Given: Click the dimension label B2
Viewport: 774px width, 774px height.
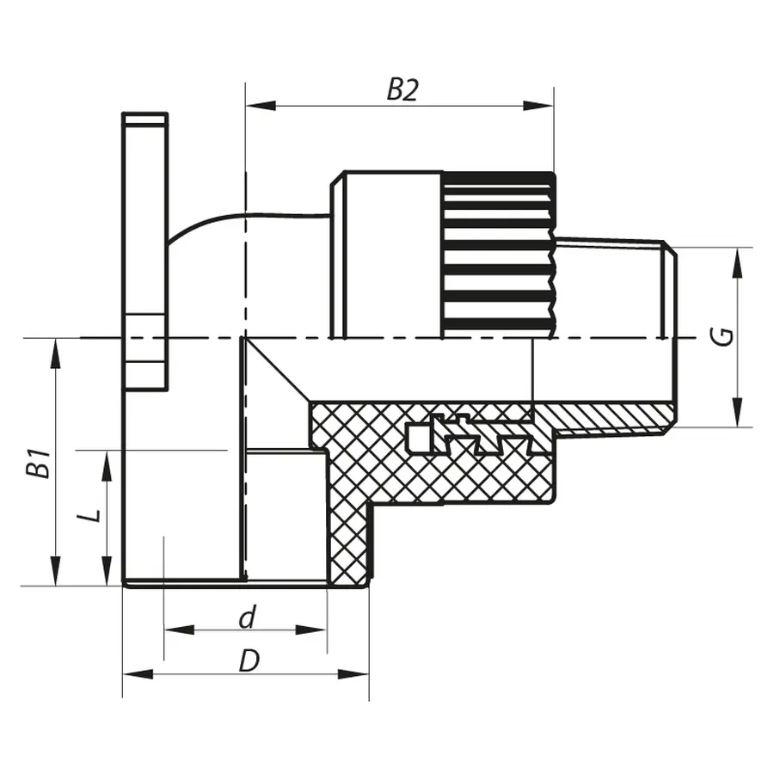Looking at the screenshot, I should coord(402,89).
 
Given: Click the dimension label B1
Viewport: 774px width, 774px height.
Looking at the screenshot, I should coord(37,462).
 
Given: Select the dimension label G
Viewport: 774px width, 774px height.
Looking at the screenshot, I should coord(726,335).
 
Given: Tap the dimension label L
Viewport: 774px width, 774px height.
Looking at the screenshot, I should coord(89,515).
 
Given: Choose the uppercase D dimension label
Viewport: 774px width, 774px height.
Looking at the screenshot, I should coord(249,660).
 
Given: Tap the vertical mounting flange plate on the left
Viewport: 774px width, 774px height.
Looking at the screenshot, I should coord(144,249).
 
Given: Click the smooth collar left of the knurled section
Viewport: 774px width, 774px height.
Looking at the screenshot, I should coord(391,254).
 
